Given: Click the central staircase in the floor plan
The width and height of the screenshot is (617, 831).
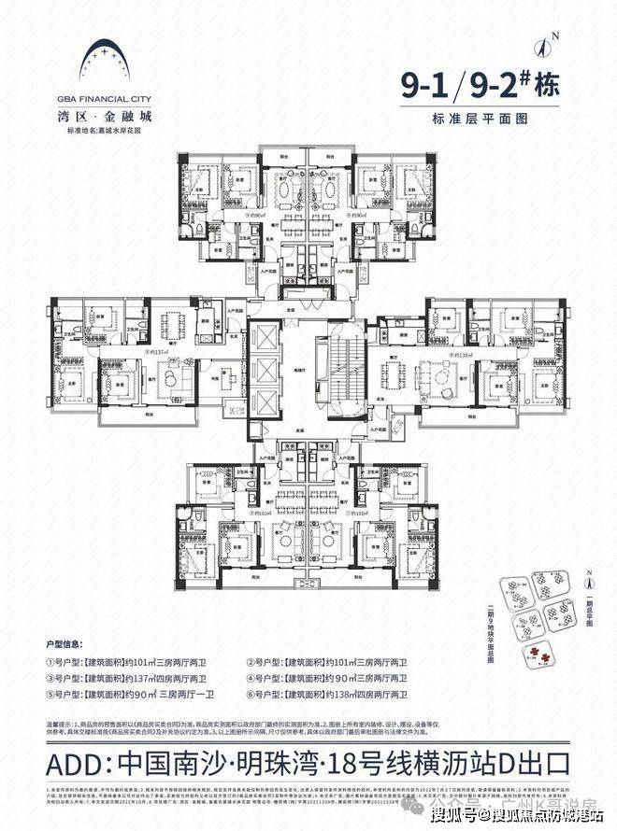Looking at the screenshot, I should pyautogui.click(x=347, y=369).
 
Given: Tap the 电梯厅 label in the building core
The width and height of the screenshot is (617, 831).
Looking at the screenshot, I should pyautogui.click(x=302, y=370).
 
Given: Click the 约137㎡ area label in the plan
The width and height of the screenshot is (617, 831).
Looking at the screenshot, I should pyautogui.click(x=158, y=352).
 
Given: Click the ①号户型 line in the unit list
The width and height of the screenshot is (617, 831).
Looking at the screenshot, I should pyautogui.click(x=142, y=663).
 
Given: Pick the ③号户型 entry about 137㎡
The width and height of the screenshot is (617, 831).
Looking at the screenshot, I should pyautogui.click(x=142, y=680).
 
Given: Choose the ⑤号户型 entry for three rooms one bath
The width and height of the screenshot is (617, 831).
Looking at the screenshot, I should pyautogui.click(x=142, y=697).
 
